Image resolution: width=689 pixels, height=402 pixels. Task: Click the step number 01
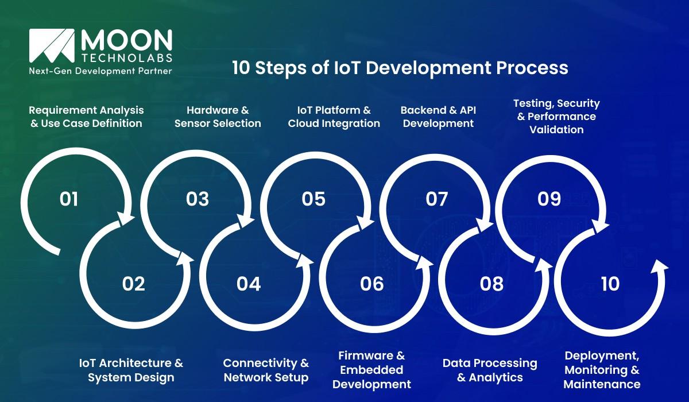[69, 199]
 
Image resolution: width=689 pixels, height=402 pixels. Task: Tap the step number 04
[249, 284]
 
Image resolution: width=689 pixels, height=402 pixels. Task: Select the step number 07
[437, 199]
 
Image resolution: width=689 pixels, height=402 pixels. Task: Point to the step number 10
[610, 284]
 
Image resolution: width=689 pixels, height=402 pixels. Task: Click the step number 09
[549, 199]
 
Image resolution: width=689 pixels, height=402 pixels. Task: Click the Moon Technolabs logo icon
[52, 46]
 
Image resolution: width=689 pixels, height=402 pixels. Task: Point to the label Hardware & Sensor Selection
[218, 117]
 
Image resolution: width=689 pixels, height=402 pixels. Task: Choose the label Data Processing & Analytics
[490, 370]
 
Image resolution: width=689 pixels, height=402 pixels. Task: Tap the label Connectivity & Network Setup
[266, 370]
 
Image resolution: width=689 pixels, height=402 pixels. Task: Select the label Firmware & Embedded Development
[371, 370]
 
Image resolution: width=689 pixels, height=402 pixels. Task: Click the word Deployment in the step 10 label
[602, 356]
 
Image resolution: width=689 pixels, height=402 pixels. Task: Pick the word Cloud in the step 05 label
[304, 123]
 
